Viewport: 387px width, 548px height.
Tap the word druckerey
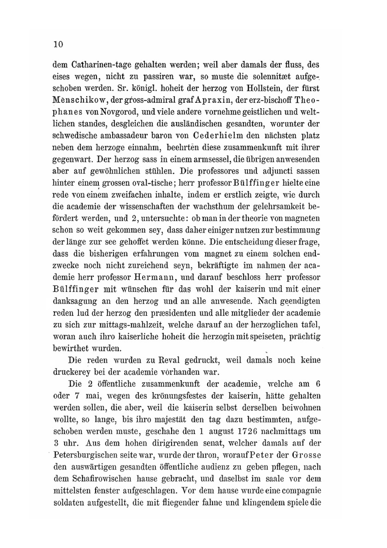(72, 372)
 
